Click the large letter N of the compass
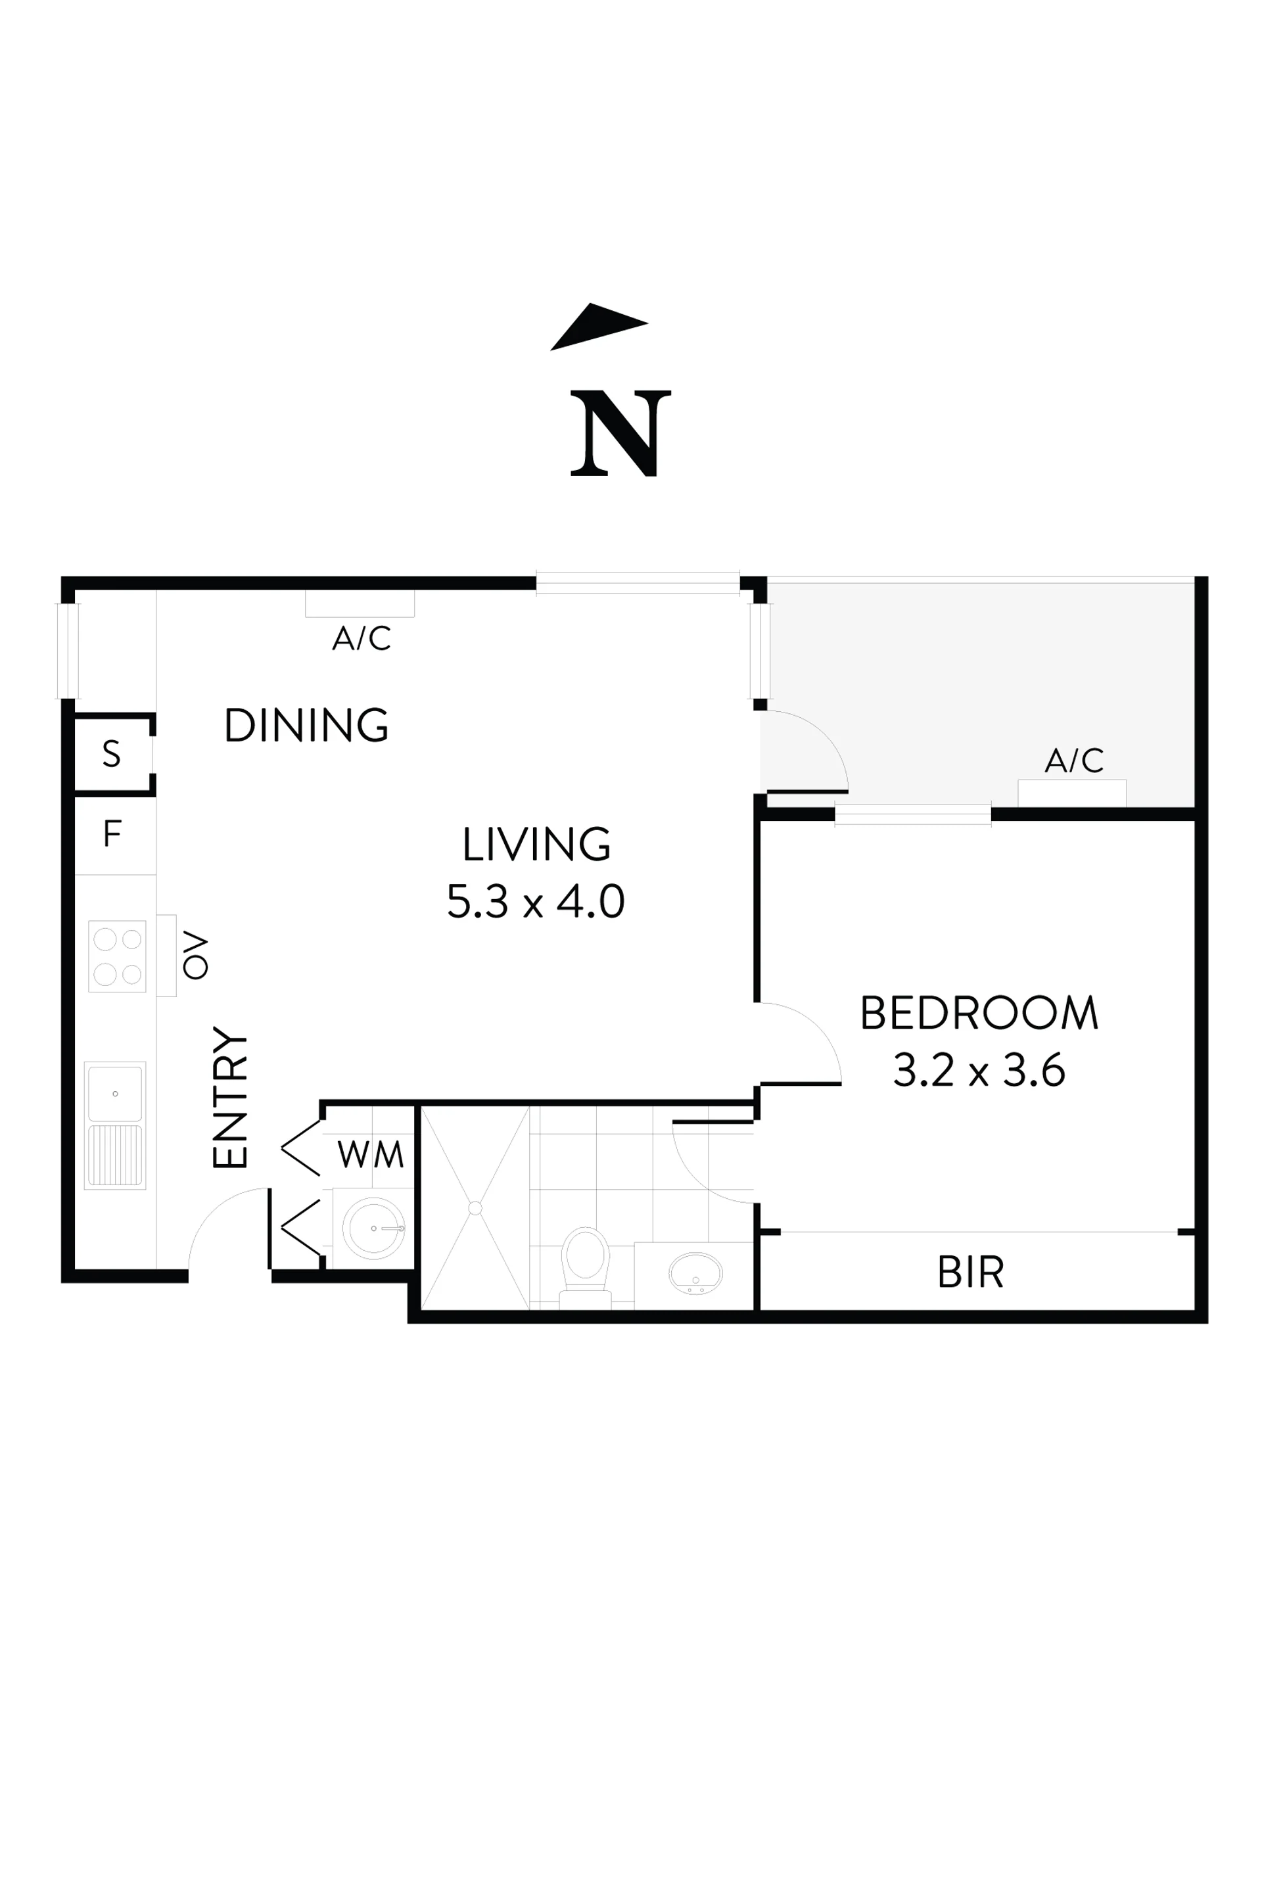pyautogui.click(x=620, y=433)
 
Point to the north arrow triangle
pyautogui.click(x=599, y=327)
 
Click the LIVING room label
pyautogui.click(x=536, y=843)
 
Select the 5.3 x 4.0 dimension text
pyautogui.click(x=536, y=900)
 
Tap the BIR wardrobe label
pyautogui.click(x=971, y=1273)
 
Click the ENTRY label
pyautogui.click(x=230, y=1097)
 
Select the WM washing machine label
pyautogui.click(x=370, y=1154)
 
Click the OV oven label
pyautogui.click(x=196, y=955)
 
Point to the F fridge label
pyautogui.click(x=112, y=834)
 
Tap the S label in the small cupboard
pyautogui.click(x=112, y=753)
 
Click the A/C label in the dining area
pyautogui.click(x=362, y=638)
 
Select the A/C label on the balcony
pyautogui.click(x=1073, y=760)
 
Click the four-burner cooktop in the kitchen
pyautogui.click(x=118, y=956)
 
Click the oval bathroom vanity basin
pyautogui.click(x=695, y=1273)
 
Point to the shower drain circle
pyautogui.click(x=475, y=1208)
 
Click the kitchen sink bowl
pyautogui.click(x=115, y=1094)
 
